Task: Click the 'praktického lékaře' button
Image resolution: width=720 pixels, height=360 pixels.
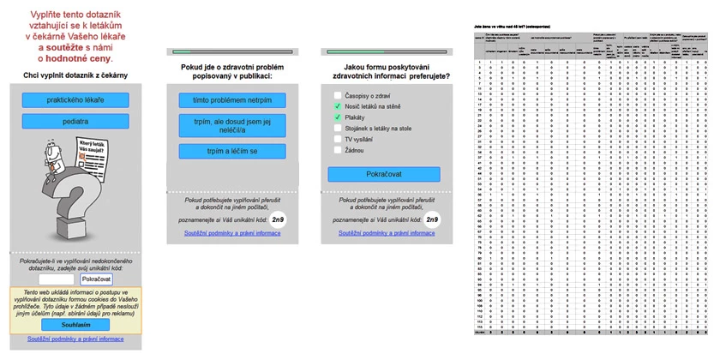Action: click(75, 100)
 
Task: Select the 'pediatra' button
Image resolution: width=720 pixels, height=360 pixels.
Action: click(75, 122)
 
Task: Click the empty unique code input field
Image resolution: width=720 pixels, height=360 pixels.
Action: click(57, 279)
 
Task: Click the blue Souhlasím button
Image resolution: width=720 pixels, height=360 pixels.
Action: click(75, 325)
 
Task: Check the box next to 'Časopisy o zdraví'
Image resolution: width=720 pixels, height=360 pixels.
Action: click(338, 94)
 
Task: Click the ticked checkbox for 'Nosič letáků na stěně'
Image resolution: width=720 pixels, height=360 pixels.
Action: click(338, 105)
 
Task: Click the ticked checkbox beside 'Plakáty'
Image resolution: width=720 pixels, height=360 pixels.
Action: click(338, 117)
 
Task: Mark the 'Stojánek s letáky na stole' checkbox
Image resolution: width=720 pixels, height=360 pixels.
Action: click(338, 128)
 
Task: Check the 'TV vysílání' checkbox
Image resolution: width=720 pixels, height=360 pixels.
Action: click(338, 139)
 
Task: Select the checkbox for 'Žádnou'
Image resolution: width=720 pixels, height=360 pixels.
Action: click(338, 150)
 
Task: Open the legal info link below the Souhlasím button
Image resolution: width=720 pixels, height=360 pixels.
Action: click(75, 339)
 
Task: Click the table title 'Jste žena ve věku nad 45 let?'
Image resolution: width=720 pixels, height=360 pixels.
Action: click(514, 28)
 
